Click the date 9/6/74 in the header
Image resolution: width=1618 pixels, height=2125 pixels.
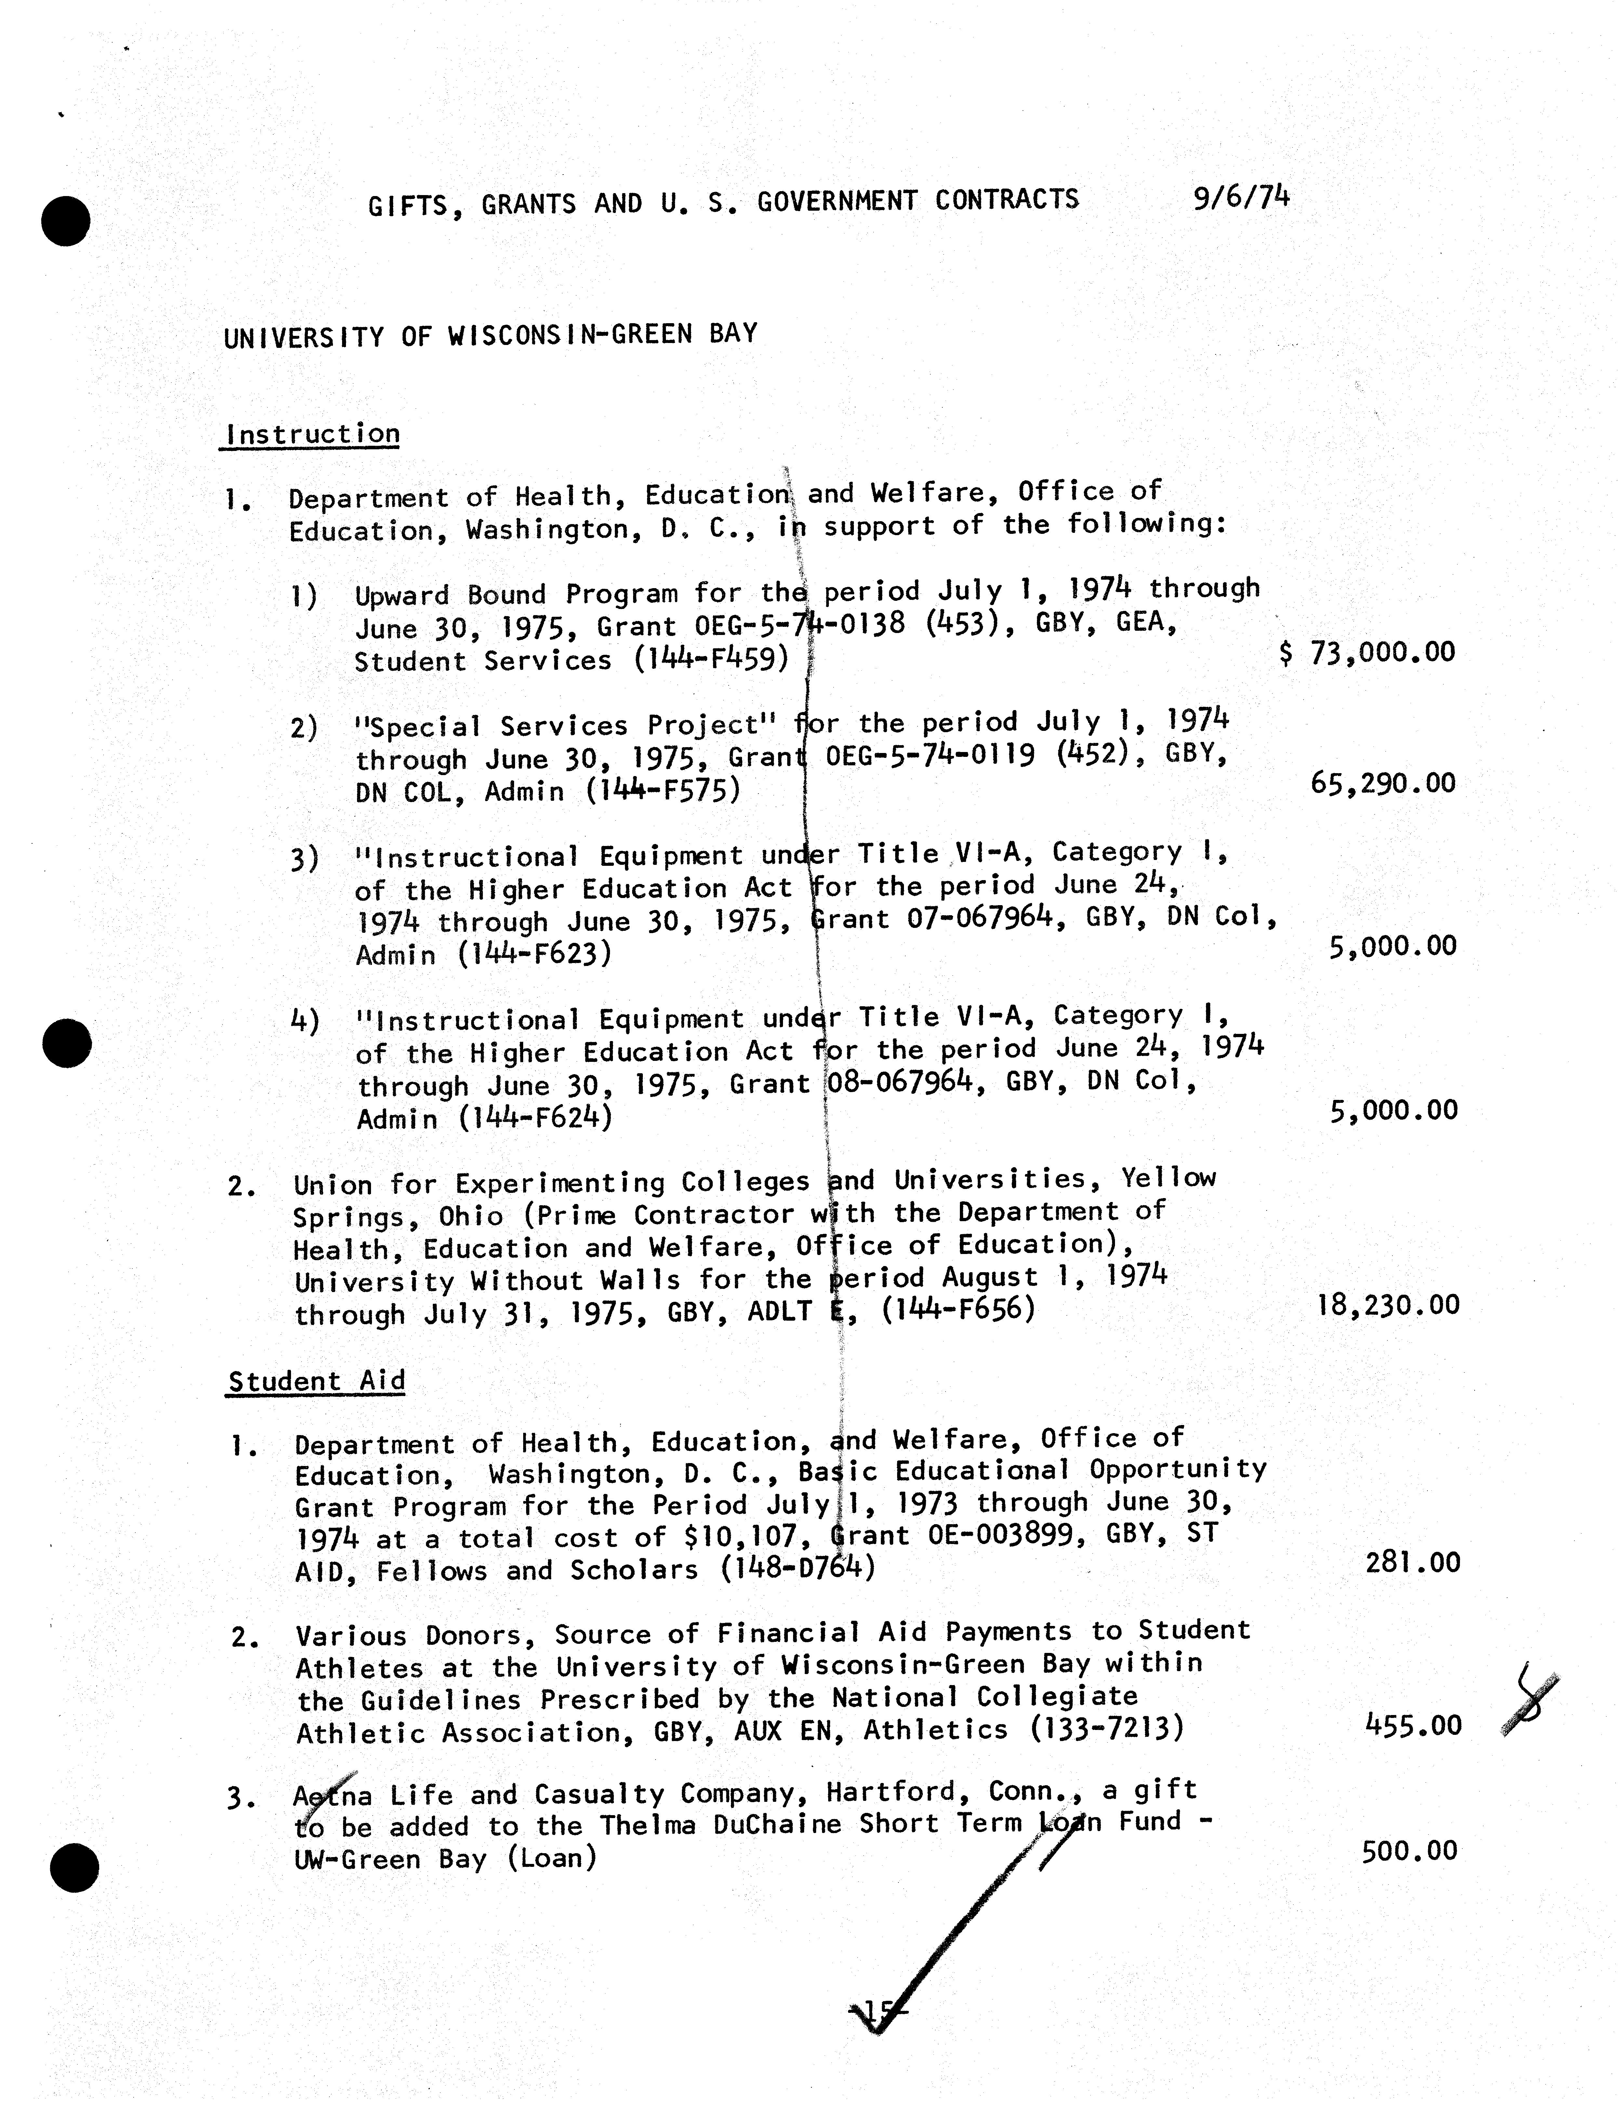click(1240, 197)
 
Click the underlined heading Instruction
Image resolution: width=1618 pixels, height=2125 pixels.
click(312, 434)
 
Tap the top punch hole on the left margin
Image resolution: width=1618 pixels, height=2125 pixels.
click(65, 220)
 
